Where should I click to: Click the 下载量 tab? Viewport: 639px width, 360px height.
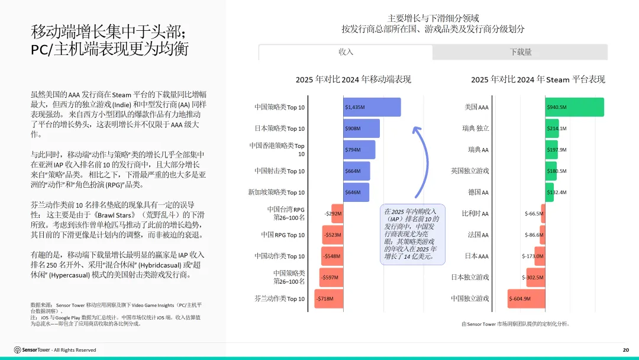point(520,52)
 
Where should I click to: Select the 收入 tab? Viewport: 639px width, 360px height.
point(346,52)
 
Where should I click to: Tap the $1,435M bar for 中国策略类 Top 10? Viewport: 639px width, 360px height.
point(372,107)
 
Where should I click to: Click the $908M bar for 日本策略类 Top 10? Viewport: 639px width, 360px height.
point(362,128)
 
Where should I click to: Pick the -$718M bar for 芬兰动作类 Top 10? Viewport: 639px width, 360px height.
point(329,298)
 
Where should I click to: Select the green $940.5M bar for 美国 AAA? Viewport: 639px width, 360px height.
point(575,107)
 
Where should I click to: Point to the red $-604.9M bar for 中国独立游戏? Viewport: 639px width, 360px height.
point(527,298)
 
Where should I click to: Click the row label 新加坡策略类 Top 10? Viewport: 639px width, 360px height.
point(276,192)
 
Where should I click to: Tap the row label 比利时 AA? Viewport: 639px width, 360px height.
point(475,213)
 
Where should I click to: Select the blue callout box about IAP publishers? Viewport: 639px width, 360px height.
point(412,234)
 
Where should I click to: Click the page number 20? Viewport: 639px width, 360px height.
point(625,350)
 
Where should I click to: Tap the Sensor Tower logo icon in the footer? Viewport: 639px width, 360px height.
point(18,350)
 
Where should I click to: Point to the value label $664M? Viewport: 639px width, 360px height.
point(353,171)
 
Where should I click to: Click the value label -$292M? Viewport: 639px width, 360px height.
point(333,214)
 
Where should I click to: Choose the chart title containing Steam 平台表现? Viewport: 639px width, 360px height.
point(538,79)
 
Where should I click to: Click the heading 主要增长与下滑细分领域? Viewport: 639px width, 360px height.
point(433,18)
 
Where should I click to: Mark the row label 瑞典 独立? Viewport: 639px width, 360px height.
point(476,128)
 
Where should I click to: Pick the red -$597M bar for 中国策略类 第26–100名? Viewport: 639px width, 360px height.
point(331,277)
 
